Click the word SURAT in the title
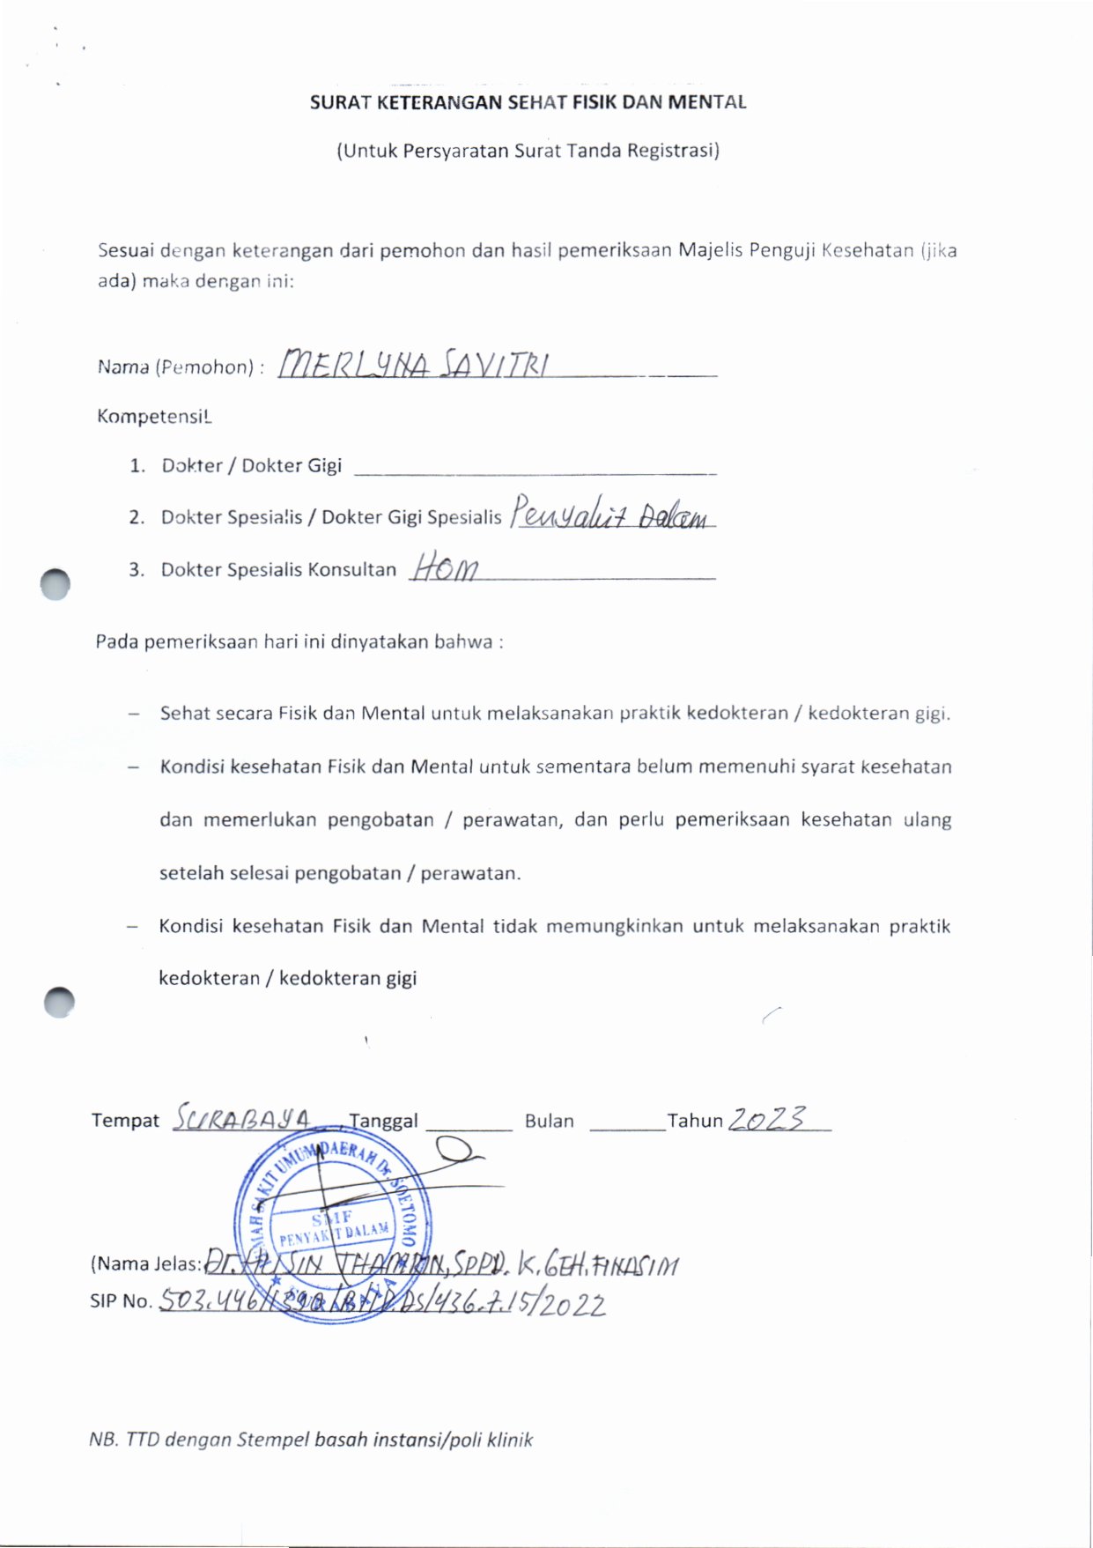coord(340,102)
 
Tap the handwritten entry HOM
coord(445,567)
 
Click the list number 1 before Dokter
coord(137,466)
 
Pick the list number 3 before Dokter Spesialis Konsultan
coord(137,570)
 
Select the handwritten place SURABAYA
coord(241,1118)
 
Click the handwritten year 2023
coord(766,1118)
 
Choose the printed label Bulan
coord(549,1122)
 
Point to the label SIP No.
coord(121,1301)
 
